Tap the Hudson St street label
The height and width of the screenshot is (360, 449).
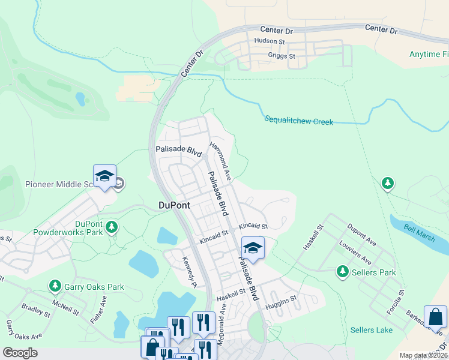(x=269, y=41)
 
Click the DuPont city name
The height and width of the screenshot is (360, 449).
(x=174, y=205)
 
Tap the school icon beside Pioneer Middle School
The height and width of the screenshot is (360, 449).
(x=104, y=176)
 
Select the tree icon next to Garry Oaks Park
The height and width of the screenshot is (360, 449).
(x=55, y=286)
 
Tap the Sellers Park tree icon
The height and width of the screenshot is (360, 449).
(x=343, y=272)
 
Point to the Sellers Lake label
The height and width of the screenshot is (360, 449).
(x=372, y=330)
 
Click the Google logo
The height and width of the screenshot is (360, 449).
(x=20, y=353)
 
